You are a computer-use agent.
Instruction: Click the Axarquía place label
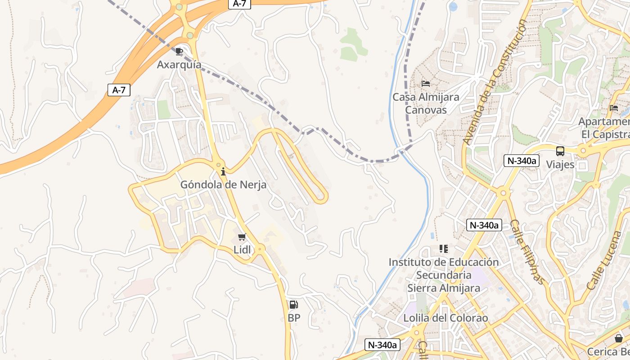pos(179,65)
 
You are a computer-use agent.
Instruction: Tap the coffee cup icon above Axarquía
pos(179,51)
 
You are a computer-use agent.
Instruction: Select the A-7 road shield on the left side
pos(119,90)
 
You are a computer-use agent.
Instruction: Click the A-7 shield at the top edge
pos(239,4)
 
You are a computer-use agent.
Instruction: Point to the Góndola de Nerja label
pos(223,184)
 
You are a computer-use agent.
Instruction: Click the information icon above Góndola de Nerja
pos(223,171)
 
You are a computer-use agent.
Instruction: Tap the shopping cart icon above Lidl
pos(242,237)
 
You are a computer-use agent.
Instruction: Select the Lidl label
pos(242,250)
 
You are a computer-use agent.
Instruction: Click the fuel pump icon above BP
pos(293,305)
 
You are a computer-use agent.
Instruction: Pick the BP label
pos(294,318)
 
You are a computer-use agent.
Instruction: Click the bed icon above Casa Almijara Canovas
pos(426,84)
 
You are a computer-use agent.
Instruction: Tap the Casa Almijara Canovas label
pos(426,103)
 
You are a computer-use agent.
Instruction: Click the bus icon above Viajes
pos(560,151)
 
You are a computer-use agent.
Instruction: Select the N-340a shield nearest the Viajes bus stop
pos(522,161)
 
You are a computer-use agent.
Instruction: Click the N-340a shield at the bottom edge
pos(382,345)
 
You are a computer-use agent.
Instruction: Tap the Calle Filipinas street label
pos(527,252)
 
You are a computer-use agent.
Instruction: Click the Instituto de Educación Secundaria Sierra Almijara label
pos(444,275)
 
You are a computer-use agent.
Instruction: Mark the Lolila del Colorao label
pos(445,318)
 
